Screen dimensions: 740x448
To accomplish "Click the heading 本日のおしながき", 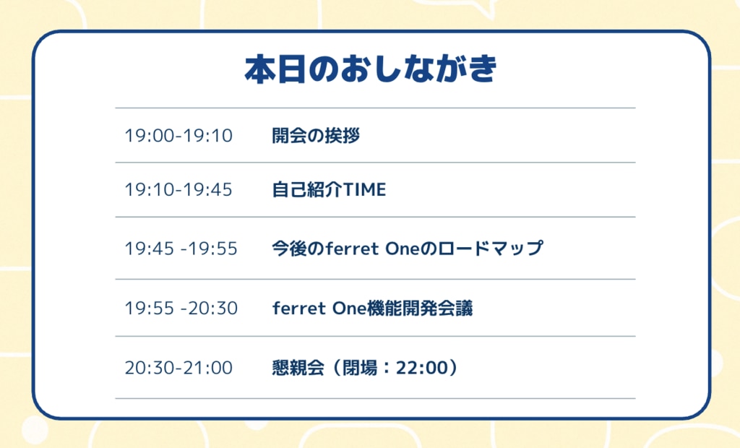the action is (x=371, y=69).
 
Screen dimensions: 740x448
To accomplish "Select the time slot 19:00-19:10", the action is (x=178, y=136).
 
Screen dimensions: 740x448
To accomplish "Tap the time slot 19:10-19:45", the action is (x=178, y=190).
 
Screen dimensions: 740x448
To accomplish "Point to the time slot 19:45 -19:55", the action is (x=181, y=249).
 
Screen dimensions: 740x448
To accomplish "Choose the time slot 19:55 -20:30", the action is (x=181, y=309).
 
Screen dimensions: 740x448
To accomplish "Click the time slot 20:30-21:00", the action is (x=178, y=368).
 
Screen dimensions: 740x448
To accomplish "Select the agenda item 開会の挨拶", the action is (x=316, y=136).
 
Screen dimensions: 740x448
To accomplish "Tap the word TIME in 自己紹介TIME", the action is (x=364, y=190).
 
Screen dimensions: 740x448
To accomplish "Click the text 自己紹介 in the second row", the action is (x=306, y=190).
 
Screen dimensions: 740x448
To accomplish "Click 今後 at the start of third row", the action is (x=289, y=249).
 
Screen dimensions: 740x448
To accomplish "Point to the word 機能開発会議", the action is (x=420, y=309).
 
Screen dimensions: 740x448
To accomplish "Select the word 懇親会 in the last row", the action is (x=298, y=368).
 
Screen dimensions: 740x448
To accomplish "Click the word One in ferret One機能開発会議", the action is (x=350, y=309).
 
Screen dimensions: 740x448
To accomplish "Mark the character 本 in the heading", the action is (x=260, y=69).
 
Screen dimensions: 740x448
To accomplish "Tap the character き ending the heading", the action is (x=482, y=69).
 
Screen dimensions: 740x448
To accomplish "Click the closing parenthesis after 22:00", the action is (x=453, y=368).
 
